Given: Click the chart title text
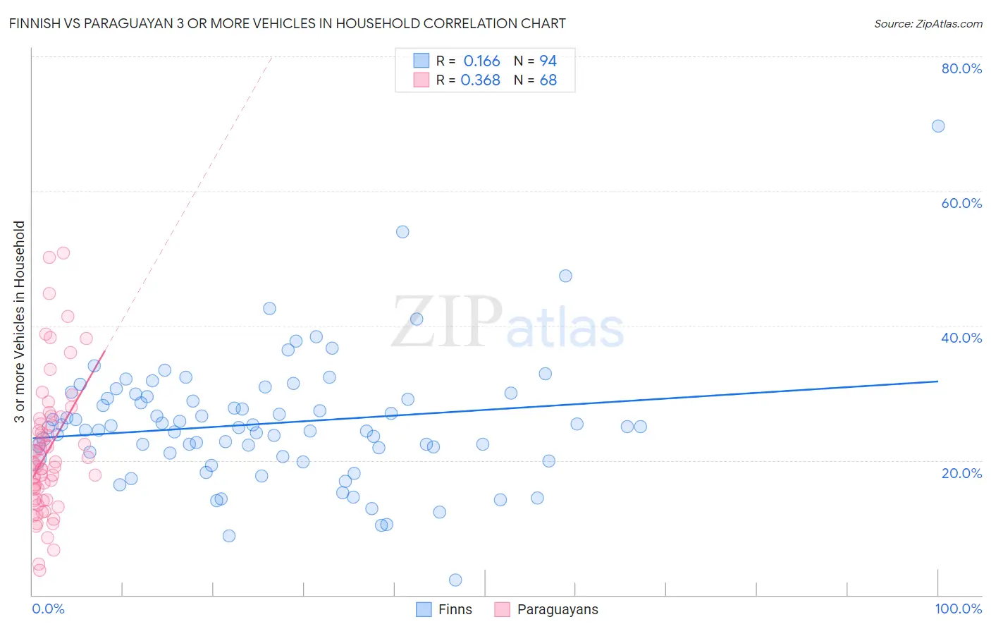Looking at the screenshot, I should coord(288,23).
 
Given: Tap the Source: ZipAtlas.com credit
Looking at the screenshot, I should coord(928,23).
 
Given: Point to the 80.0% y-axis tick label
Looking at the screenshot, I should coord(961,68).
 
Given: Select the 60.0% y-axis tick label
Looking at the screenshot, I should coord(961,203).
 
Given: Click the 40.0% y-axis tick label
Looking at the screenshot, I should coord(961,338).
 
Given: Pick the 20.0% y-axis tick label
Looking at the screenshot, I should coord(961,472).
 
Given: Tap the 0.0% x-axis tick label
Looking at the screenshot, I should coord(48,609).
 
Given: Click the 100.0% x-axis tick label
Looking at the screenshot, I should coord(958,609).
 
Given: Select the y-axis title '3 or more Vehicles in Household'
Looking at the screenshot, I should coord(19,322).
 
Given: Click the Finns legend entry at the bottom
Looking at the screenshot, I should coord(444,609).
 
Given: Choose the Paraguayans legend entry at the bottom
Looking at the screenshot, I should coord(546,609).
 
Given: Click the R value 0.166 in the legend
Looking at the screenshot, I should coord(481,61).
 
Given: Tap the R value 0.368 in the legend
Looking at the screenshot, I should coord(480,80).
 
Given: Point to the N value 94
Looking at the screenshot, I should coord(548,61).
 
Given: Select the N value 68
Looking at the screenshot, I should coord(548,80).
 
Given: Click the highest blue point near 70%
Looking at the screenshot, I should coord(938,126).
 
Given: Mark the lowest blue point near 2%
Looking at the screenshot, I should coord(455,580).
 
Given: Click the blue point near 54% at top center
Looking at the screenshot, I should coord(402,232).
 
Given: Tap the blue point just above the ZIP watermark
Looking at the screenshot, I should coord(417,319).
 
